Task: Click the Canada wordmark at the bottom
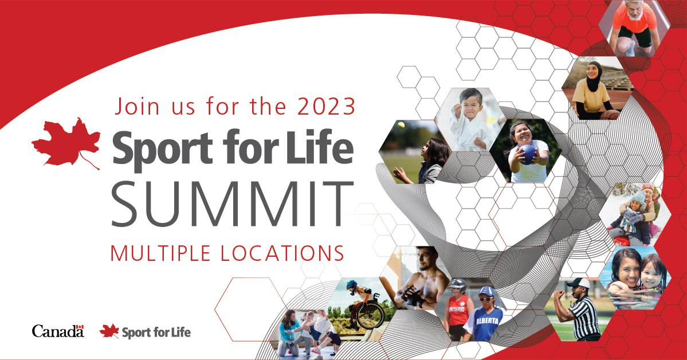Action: pyautogui.click(x=58, y=331)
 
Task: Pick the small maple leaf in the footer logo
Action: pyautogui.click(x=109, y=331)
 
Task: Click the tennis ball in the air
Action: pyautogui.click(x=401, y=125)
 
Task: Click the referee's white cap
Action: pyautogui.click(x=579, y=283)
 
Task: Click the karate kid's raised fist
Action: pyautogui.click(x=457, y=107)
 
